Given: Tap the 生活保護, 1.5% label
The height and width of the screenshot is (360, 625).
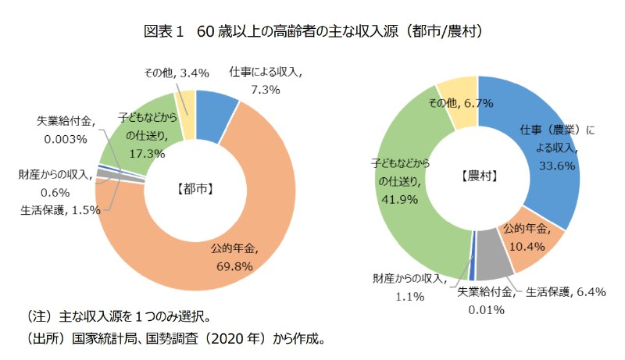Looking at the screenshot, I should [61, 209].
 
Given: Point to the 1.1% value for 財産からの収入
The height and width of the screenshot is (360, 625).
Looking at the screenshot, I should [409, 296].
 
